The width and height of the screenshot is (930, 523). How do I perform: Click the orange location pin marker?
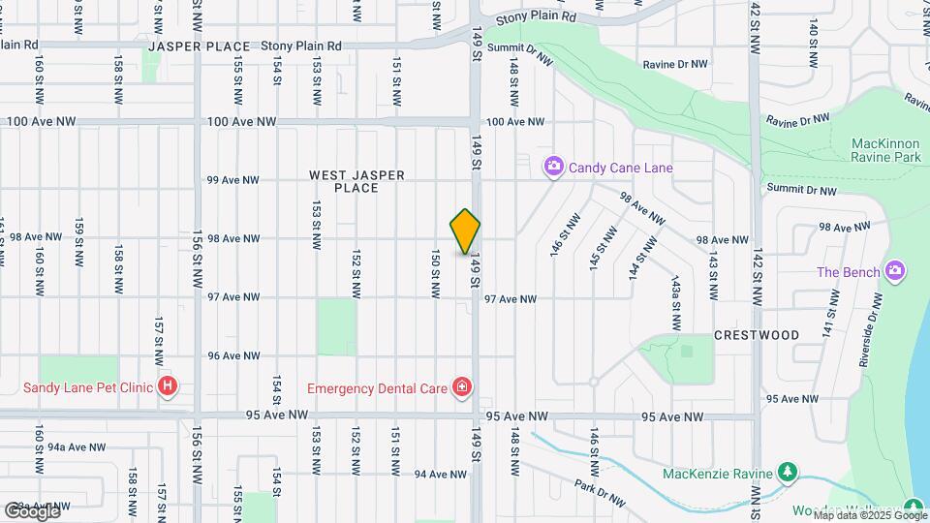[466, 231]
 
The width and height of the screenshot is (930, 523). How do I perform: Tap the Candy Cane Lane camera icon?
[553, 168]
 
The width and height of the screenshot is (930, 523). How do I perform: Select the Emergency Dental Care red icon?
[462, 388]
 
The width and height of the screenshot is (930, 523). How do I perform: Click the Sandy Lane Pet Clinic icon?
[169, 387]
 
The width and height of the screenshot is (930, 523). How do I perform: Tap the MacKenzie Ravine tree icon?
[790, 473]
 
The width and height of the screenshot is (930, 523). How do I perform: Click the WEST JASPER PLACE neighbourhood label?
[356, 181]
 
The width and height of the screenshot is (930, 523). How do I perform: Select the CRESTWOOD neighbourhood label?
[757, 335]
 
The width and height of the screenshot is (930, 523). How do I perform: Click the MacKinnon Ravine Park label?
[884, 149]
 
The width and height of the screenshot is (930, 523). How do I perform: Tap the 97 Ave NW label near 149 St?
[510, 299]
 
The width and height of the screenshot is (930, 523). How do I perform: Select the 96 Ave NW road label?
[233, 355]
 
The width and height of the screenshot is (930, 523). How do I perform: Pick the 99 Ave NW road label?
[233, 180]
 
